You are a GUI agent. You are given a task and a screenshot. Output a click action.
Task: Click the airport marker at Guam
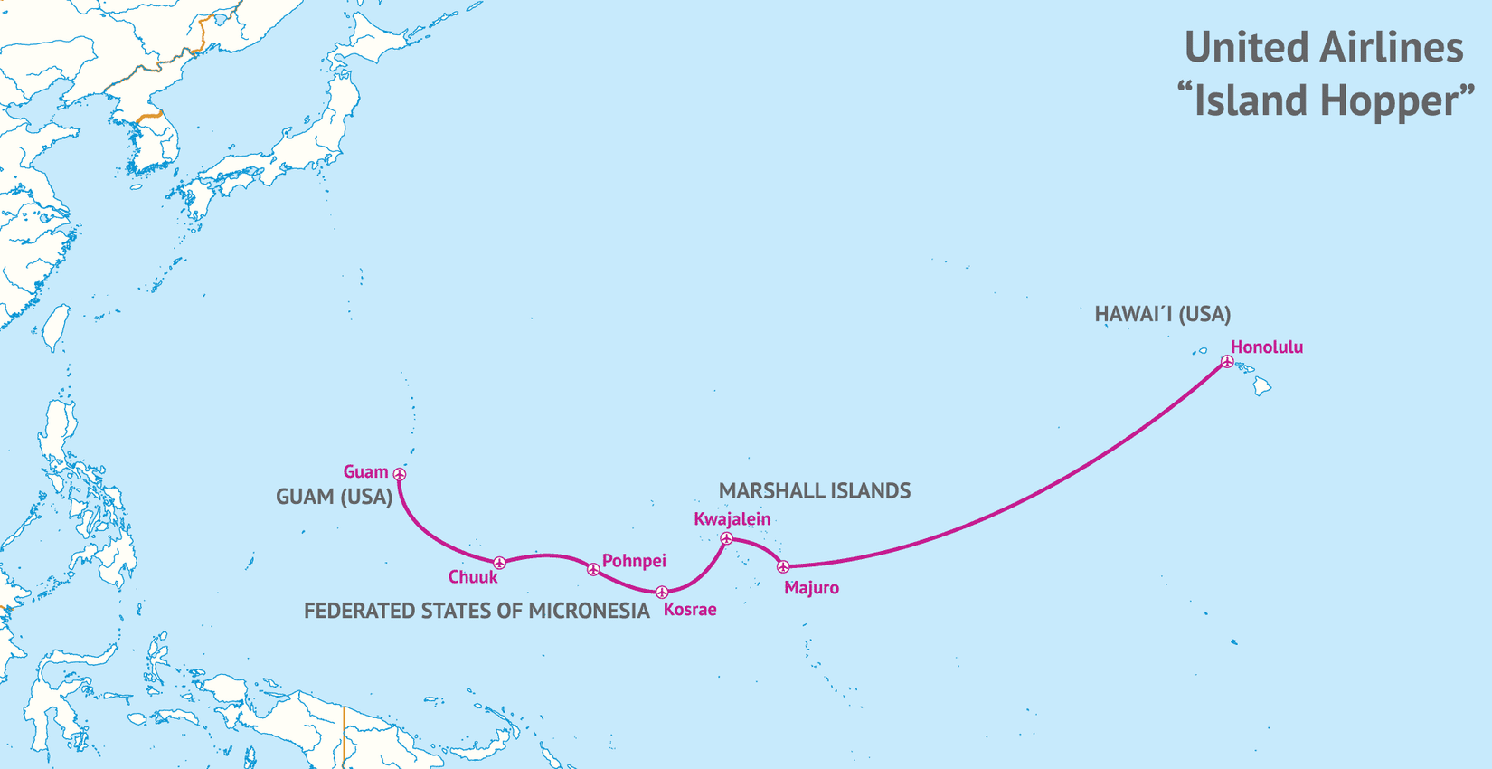(x=400, y=474)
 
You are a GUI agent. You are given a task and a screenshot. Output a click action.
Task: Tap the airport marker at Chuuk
(x=499, y=564)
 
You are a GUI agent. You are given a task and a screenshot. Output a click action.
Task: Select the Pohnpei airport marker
(x=593, y=570)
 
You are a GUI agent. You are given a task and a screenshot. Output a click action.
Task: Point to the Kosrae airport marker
(x=662, y=593)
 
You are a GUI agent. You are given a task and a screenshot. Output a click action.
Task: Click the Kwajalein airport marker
(x=726, y=539)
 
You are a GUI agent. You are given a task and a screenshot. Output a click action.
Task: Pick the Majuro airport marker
(x=784, y=567)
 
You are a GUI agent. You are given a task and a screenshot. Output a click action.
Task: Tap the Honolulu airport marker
(x=1227, y=362)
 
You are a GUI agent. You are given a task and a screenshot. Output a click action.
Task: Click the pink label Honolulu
(x=1266, y=347)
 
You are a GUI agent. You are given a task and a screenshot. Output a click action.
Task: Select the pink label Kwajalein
(x=732, y=519)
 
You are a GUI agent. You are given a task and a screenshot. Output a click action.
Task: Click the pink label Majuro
(x=811, y=588)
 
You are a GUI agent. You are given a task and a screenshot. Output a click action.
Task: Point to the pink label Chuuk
(x=473, y=577)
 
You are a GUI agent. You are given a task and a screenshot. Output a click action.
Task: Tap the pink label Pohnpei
(x=634, y=561)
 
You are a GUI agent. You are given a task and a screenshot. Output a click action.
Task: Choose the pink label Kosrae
(x=690, y=610)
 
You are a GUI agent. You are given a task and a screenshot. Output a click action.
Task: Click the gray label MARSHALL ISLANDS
(x=814, y=490)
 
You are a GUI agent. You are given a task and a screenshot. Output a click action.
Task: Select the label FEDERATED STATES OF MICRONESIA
(x=477, y=611)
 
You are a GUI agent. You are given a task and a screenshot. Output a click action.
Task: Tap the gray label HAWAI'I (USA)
(x=1162, y=314)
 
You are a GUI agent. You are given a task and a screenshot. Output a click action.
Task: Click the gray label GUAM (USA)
(x=334, y=497)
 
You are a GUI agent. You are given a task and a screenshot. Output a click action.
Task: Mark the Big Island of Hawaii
(x=1262, y=386)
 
